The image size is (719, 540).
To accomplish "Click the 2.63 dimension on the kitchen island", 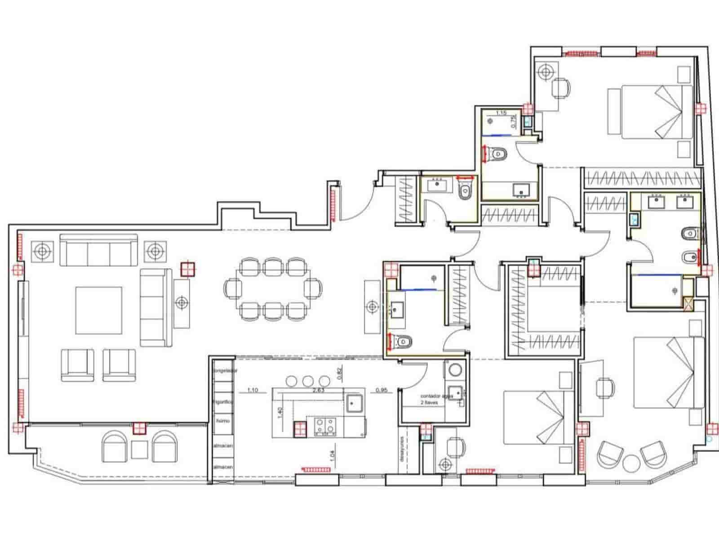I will (319, 390).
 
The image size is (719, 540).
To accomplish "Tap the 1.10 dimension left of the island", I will (253, 390).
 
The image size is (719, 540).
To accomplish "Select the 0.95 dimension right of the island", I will (382, 390).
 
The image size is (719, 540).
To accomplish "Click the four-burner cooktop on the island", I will (325, 426).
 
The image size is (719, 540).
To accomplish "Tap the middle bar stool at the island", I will (307, 381).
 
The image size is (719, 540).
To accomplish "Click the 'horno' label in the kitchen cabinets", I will (223, 421).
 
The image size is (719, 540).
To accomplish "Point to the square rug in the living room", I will (99, 310).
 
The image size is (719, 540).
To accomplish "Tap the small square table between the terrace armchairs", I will (140, 449).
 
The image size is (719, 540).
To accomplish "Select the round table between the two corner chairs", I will (632, 464).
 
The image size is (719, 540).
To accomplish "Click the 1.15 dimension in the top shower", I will (501, 113).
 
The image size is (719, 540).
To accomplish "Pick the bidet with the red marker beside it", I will (688, 257).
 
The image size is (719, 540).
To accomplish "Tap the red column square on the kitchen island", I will (300, 429).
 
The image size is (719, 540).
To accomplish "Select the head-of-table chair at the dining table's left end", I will (233, 287).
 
